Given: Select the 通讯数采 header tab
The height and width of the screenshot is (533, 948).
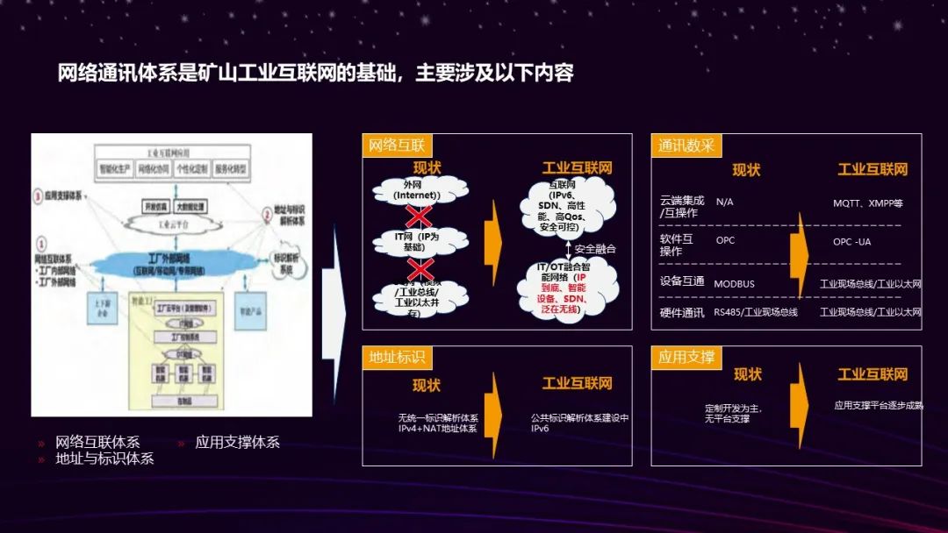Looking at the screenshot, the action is pos(686,146).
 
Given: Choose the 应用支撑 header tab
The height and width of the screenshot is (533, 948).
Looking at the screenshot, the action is pos(686,357).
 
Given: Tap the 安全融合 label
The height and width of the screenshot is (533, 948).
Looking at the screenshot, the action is pos(596,249).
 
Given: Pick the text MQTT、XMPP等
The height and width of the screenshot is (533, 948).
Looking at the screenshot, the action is pos(867,203).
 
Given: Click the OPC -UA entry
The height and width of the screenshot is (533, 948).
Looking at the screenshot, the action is pos(852,241).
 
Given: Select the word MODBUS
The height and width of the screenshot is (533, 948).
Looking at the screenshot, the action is pos(734,284).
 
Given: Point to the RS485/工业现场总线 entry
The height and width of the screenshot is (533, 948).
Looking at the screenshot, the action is pos(755,312).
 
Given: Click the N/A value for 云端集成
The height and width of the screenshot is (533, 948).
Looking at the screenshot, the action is pos(725,203).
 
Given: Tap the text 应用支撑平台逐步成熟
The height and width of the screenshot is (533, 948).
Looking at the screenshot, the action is pos(878,406).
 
